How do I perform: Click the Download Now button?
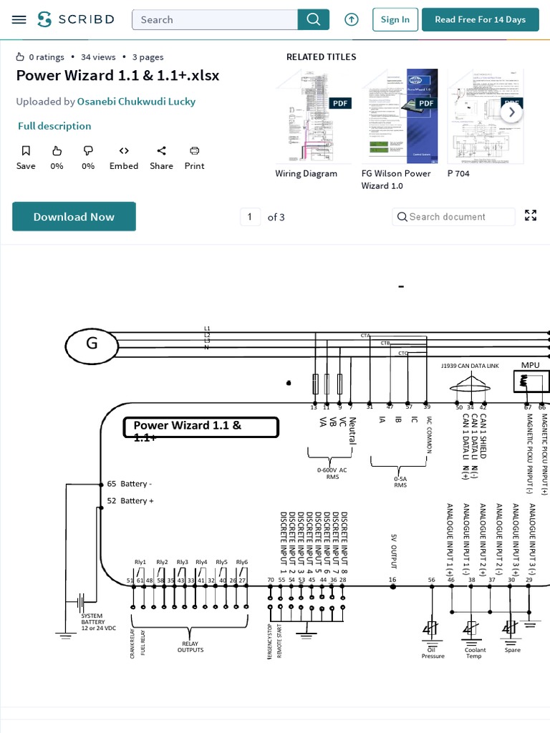74,217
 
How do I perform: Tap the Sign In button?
395,19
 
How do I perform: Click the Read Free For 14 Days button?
480,19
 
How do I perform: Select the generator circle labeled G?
92,346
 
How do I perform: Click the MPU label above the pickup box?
530,365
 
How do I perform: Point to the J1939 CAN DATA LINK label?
470,366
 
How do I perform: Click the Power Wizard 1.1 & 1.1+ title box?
201,428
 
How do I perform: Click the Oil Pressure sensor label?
433,653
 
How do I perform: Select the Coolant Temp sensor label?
475,653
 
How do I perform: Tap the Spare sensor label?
512,650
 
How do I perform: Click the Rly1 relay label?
140,562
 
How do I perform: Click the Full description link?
54,126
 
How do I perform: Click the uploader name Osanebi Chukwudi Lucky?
136,102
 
